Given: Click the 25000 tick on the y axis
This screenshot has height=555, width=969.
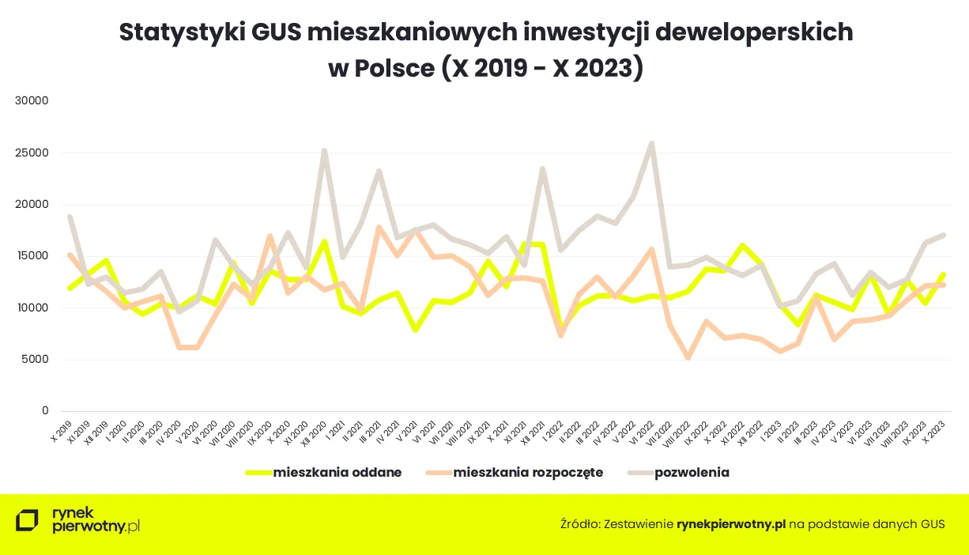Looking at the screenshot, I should point(32,153).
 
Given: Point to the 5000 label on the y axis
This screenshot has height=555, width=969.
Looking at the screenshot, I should point(36,360).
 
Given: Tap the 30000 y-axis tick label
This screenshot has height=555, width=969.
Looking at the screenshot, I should point(32,101).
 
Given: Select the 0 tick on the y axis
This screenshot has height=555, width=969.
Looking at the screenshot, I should point(45,411).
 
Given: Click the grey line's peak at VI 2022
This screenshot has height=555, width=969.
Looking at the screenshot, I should point(651,144).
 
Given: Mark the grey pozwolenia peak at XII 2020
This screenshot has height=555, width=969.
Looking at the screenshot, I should point(324,150).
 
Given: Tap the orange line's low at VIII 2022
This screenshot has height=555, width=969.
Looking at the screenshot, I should point(688,358).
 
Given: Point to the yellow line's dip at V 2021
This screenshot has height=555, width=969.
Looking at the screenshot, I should point(415,330).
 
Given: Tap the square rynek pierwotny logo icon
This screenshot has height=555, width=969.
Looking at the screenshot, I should point(27,521).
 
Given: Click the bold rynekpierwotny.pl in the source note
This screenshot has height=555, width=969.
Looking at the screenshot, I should point(731,523).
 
